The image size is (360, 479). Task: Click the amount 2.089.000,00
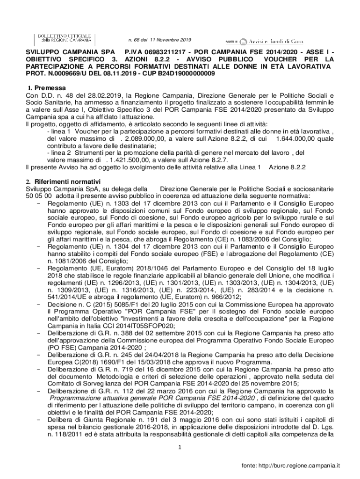pyautogui.click(x=146, y=139)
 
